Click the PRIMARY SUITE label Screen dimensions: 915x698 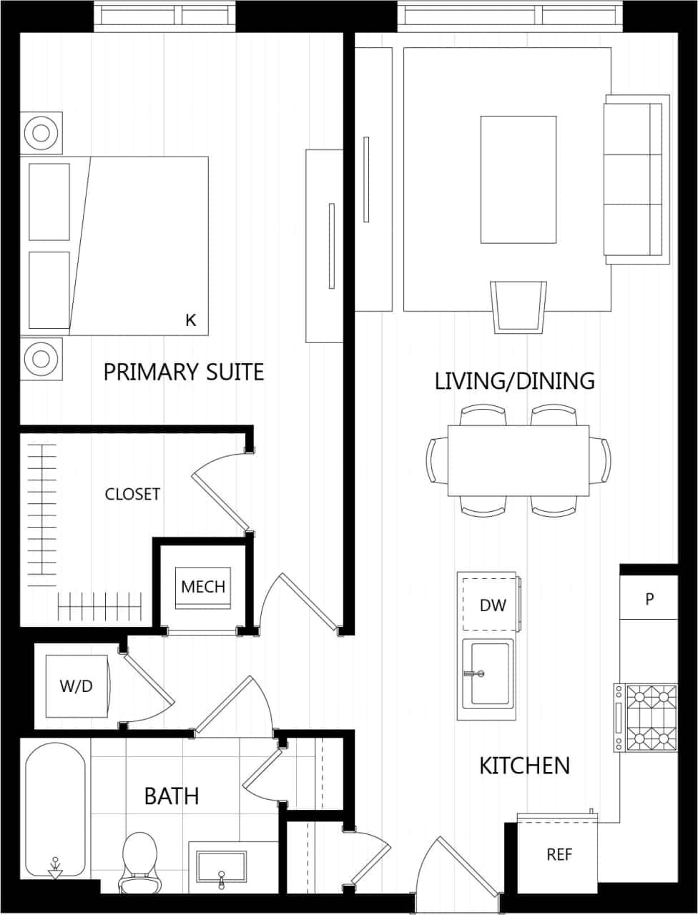point(184,372)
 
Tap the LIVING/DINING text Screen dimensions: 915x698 point(514,380)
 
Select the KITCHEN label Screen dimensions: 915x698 point(524,766)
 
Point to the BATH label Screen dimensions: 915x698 point(172,796)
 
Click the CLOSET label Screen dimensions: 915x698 point(132,494)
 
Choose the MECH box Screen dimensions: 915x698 point(203,588)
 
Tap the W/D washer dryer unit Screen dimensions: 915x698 point(77,686)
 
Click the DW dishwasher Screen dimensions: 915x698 point(492,605)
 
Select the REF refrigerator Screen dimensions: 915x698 point(559,854)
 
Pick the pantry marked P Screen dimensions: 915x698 point(649,599)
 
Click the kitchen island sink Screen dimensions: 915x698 point(487,673)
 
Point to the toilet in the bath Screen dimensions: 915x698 point(139,861)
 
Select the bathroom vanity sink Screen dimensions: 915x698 point(222,867)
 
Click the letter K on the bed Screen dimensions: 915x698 point(190,320)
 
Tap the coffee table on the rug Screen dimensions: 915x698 point(518,179)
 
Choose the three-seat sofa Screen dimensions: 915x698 point(635,179)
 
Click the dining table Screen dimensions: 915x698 point(518,460)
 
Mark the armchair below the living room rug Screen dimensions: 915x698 point(518,306)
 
